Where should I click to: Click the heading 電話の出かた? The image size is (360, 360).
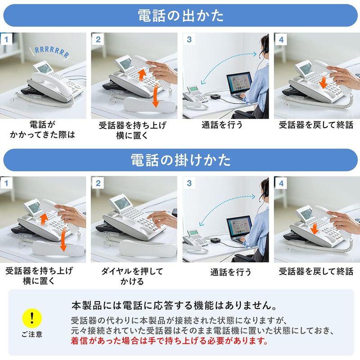180,16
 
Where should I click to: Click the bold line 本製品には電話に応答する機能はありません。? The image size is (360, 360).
174,306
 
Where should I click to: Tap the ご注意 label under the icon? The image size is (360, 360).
31,334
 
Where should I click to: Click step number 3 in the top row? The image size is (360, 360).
189,40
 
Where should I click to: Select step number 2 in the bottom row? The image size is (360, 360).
98,183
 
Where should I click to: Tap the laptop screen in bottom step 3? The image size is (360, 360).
238,229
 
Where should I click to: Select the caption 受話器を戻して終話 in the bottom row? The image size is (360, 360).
315,271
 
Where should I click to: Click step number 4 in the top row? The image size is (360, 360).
281,40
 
